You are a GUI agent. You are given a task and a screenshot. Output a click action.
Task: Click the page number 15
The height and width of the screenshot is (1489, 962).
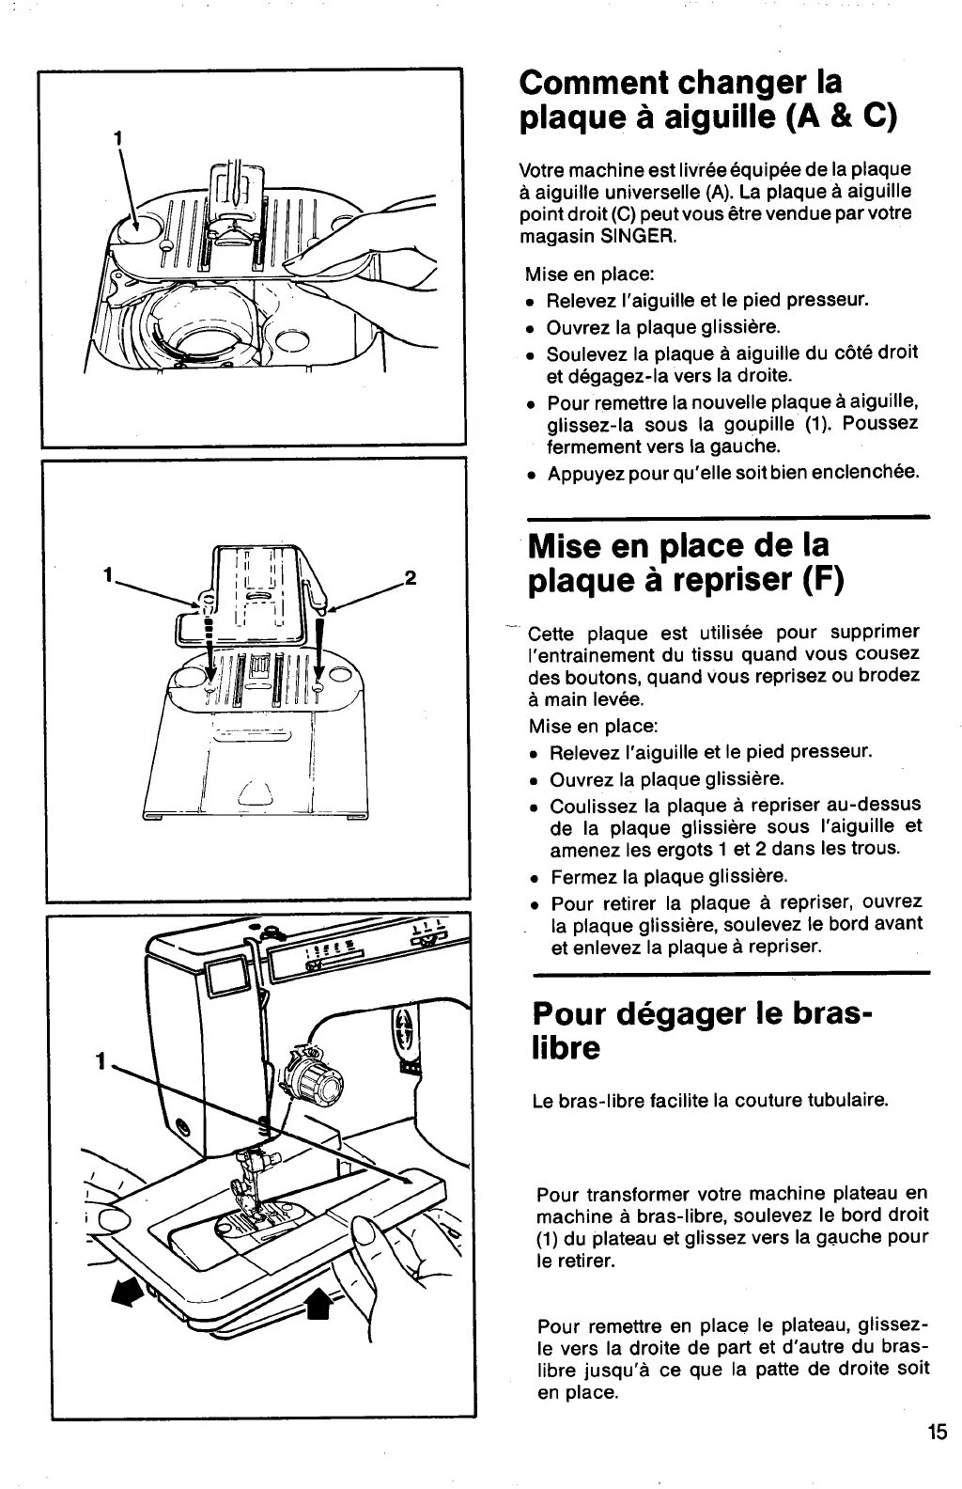(938, 1434)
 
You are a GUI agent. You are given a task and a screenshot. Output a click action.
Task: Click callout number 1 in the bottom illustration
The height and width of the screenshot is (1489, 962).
(100, 1063)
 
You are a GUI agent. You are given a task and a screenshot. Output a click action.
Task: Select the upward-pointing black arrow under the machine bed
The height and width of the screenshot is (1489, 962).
(319, 1303)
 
